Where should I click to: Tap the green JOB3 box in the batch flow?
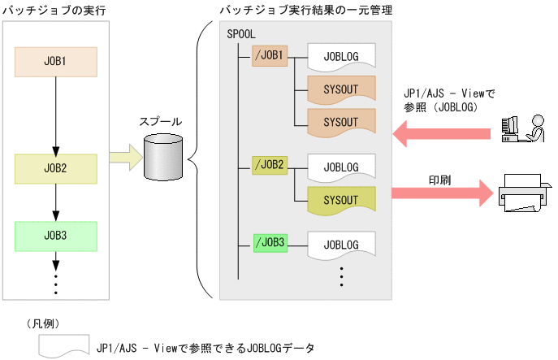click(x=56, y=236)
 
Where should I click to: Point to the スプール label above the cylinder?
click(x=161, y=121)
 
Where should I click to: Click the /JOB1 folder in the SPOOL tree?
click(x=270, y=55)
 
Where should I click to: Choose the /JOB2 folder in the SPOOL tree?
click(x=270, y=165)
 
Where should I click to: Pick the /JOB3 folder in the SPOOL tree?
click(x=270, y=242)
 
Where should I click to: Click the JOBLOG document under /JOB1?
click(x=341, y=56)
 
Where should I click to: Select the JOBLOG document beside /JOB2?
click(x=341, y=167)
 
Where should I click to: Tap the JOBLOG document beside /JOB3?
click(x=341, y=244)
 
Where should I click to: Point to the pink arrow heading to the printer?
click(x=443, y=193)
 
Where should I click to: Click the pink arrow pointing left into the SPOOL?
click(x=443, y=131)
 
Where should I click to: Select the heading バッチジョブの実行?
click(x=54, y=8)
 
